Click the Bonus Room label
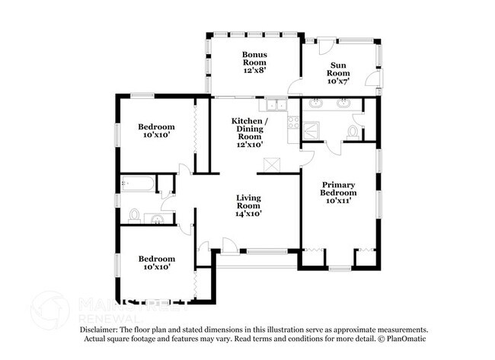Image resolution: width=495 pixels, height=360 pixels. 254,60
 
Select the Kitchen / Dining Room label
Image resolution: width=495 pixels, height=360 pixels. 249,132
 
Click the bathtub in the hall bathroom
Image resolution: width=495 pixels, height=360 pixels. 136,183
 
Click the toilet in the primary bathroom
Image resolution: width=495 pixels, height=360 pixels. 353,132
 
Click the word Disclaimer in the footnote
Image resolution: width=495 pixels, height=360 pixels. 100,330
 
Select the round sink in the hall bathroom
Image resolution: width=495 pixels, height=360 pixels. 158,219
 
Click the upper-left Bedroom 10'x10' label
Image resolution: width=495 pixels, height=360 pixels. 156,131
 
